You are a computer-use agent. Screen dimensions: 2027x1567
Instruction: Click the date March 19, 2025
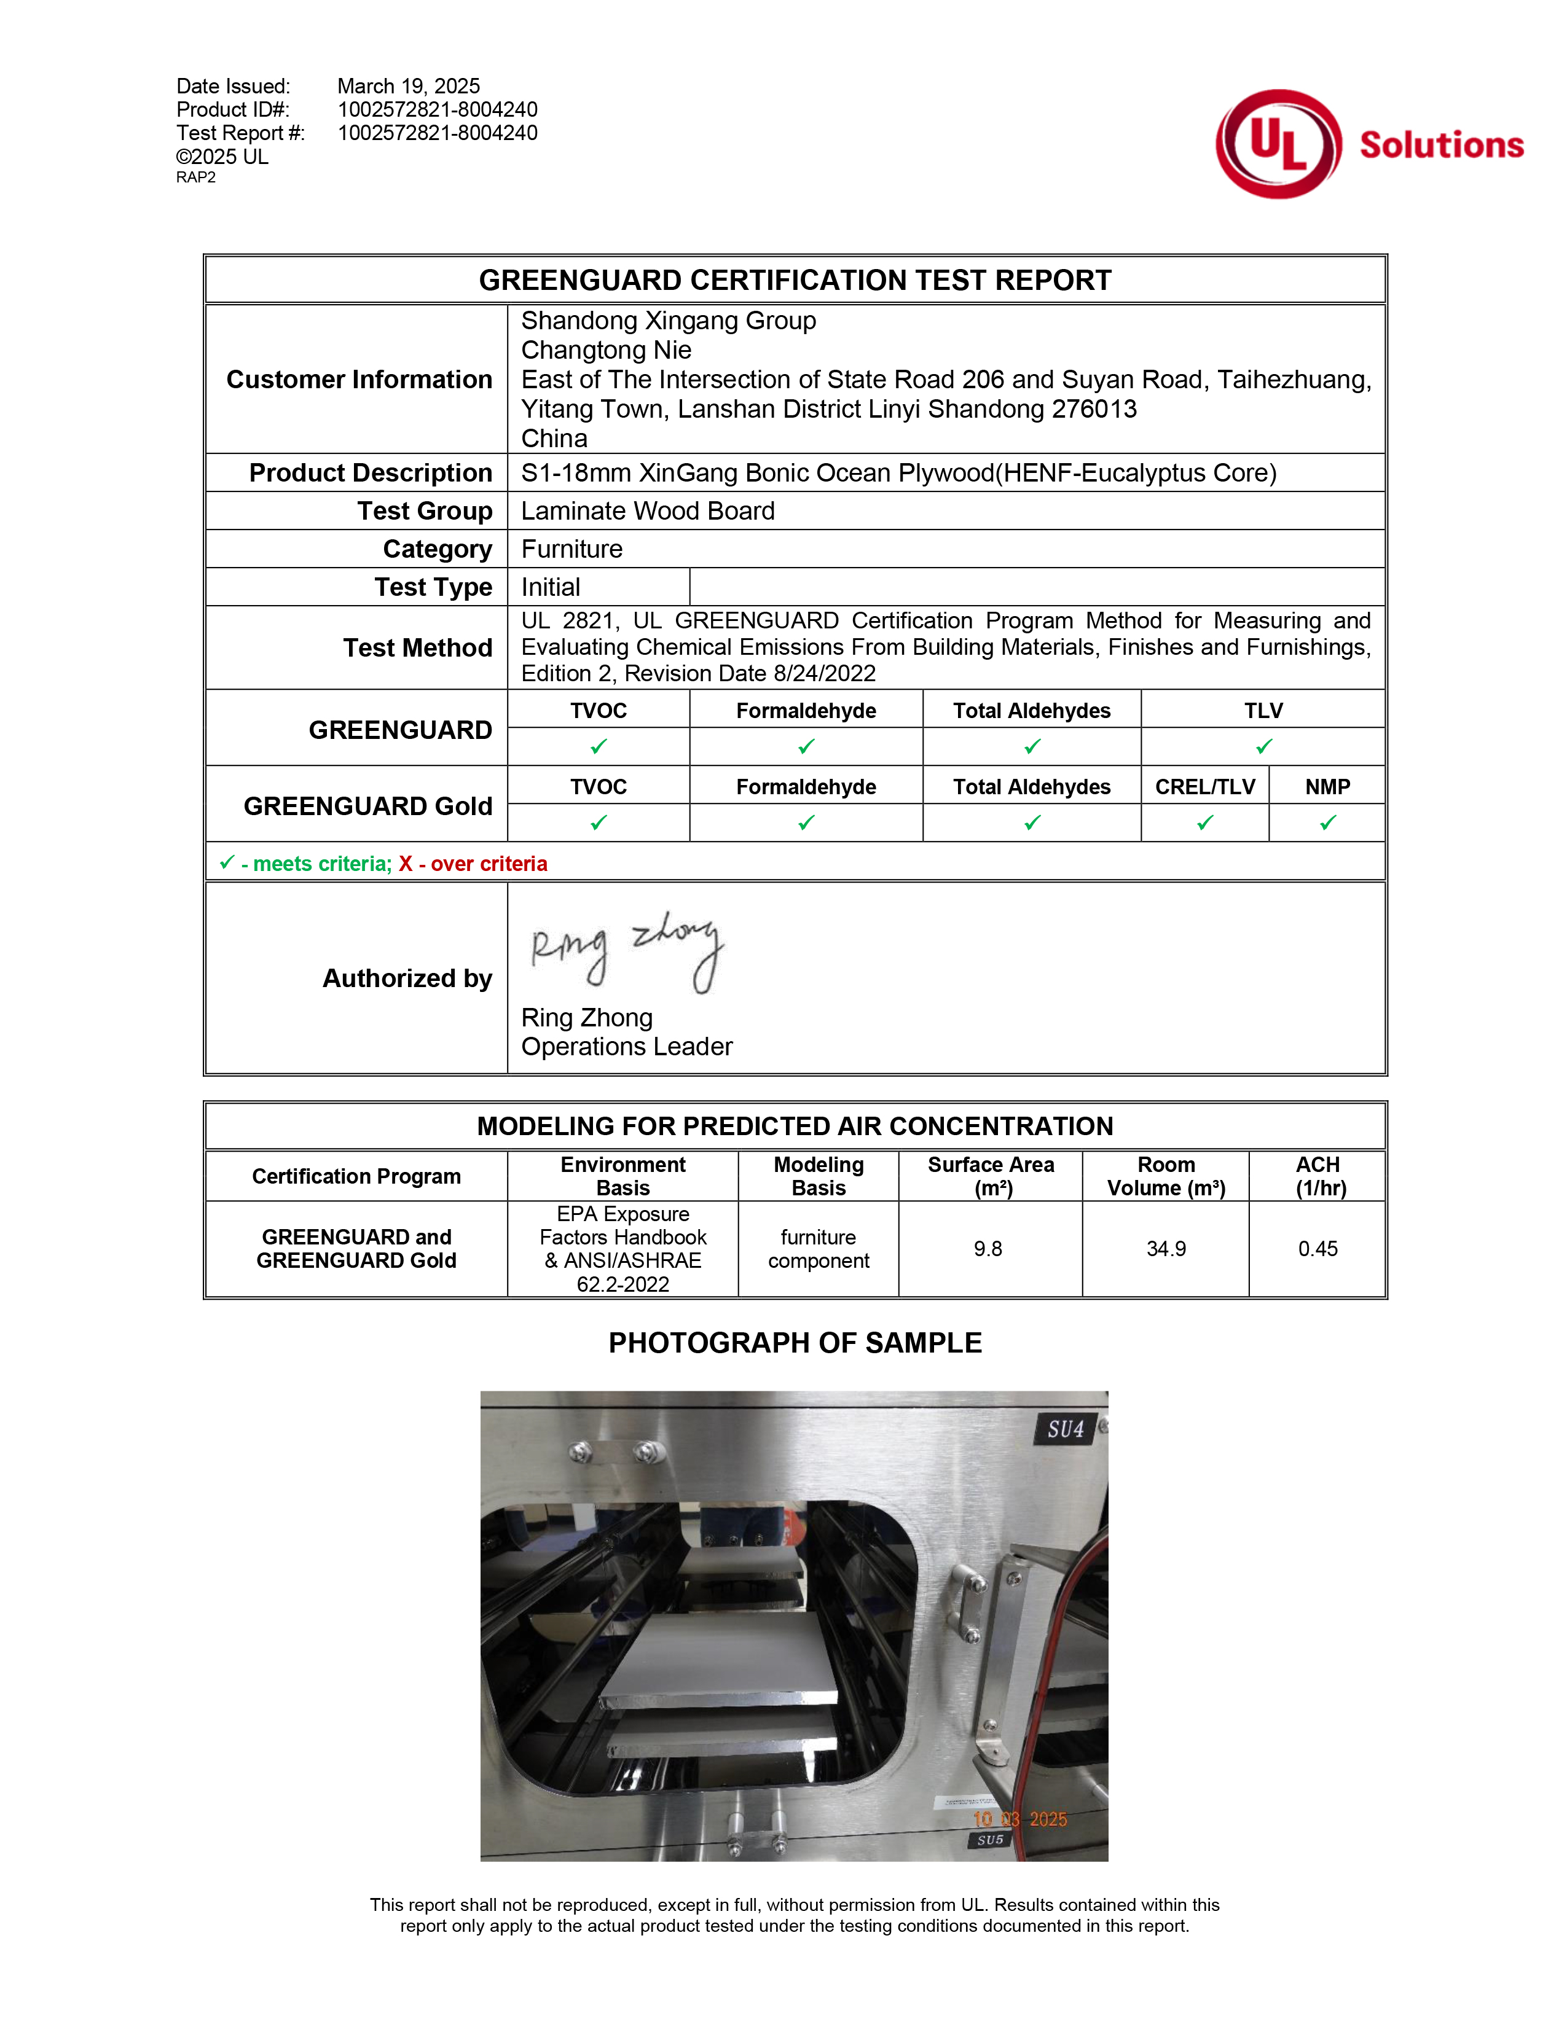(409, 87)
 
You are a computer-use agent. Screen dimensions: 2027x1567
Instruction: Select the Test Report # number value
(438, 133)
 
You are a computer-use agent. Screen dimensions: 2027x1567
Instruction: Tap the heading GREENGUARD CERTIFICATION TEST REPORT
(795, 279)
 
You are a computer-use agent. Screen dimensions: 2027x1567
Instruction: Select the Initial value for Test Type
(551, 587)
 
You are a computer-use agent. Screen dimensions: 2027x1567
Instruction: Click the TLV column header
(1263, 711)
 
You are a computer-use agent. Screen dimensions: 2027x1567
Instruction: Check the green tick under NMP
(1327, 822)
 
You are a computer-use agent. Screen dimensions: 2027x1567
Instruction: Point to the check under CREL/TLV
(1205, 822)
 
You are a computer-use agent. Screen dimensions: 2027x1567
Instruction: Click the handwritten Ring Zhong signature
(627, 952)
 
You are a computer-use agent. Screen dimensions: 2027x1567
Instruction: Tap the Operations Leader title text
(627, 1047)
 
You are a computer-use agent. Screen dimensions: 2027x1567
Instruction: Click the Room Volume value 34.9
(1166, 1249)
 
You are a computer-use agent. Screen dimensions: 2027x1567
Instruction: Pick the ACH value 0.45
(1318, 1249)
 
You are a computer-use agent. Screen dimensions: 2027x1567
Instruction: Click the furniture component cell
(818, 1249)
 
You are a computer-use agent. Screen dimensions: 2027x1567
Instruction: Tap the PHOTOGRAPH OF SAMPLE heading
(795, 1343)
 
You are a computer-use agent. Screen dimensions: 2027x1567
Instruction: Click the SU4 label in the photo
(1066, 1429)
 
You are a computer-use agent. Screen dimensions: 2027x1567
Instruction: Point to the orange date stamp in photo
(1019, 1819)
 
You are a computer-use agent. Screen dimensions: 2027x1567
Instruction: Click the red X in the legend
(406, 864)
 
